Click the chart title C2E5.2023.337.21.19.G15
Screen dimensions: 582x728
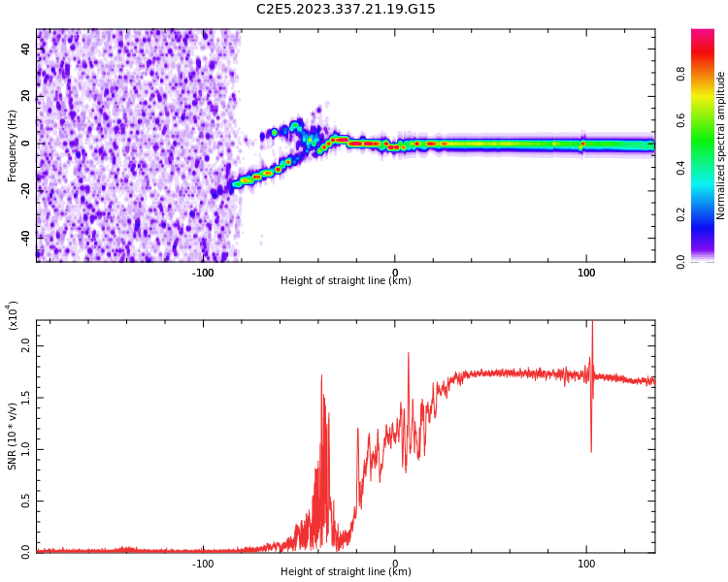346,9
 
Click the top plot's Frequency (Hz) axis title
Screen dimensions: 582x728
12,145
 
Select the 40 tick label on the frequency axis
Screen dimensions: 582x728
25,49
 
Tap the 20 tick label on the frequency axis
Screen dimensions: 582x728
25,96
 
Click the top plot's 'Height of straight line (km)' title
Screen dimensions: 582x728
346,281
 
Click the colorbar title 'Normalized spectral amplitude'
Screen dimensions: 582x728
721,145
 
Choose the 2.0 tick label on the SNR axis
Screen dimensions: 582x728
25,345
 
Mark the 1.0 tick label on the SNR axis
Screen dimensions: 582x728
25,449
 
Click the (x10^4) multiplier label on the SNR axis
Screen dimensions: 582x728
12,316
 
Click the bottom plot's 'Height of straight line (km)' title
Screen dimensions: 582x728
346,572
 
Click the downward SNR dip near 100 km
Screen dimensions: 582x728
591,448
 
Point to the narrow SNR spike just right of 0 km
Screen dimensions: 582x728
408,355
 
